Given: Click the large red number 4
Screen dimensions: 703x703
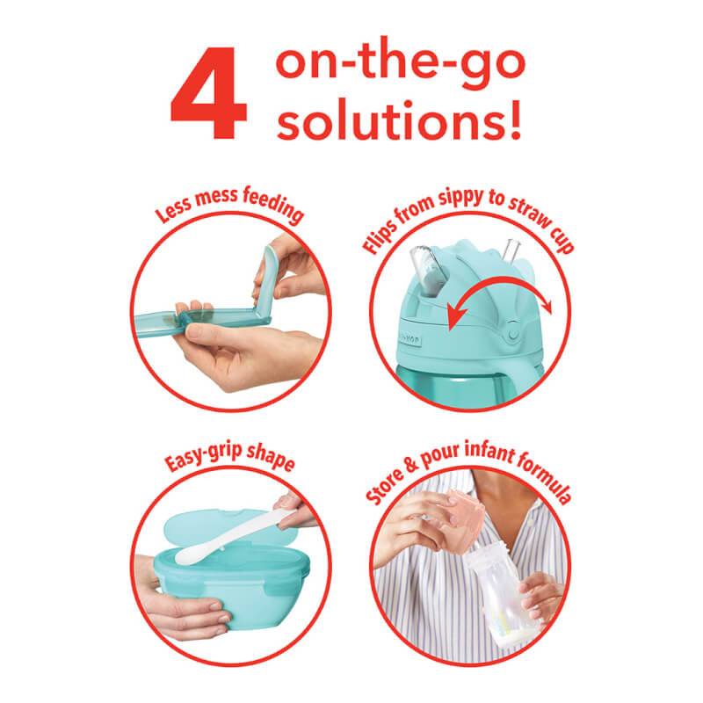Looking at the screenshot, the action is click(208, 93).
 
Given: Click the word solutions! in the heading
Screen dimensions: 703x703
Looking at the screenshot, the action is click(399, 120).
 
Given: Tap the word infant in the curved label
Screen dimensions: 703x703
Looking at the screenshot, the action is click(489, 451).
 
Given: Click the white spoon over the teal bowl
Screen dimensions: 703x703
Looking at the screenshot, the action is click(233, 536).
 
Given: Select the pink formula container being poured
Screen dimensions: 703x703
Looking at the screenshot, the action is click(462, 521).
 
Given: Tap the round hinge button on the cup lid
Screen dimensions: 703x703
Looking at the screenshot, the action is click(514, 335).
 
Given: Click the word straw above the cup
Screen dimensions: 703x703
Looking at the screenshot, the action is click(531, 214).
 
